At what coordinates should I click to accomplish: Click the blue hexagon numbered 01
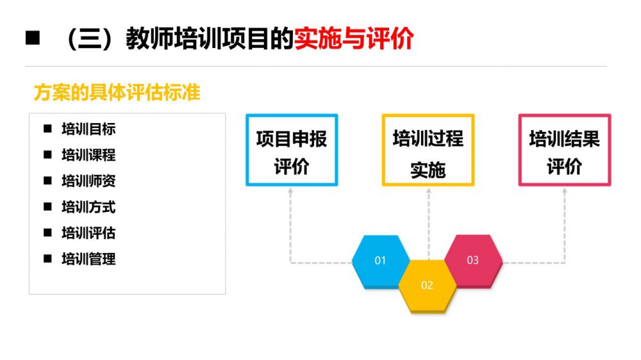[381, 261]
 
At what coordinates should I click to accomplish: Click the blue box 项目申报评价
[292, 150]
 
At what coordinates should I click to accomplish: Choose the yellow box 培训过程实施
[428, 150]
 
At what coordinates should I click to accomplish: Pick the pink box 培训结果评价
[565, 150]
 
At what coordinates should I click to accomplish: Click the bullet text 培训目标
[88, 129]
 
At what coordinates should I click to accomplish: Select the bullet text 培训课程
[88, 155]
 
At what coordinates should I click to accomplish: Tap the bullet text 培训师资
[88, 181]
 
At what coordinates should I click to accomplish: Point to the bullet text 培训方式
[88, 207]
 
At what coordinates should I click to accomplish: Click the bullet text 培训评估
[88, 233]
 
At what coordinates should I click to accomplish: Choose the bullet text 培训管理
[88, 259]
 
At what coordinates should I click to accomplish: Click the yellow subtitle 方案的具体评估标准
[117, 92]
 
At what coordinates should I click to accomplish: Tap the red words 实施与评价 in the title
[354, 39]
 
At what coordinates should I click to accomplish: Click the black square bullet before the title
[33, 38]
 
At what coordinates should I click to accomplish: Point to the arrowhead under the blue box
[290, 190]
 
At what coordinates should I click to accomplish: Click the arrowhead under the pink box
[565, 190]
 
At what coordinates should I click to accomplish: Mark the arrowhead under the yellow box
[428, 190]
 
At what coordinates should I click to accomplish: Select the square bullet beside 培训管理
[48, 259]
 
